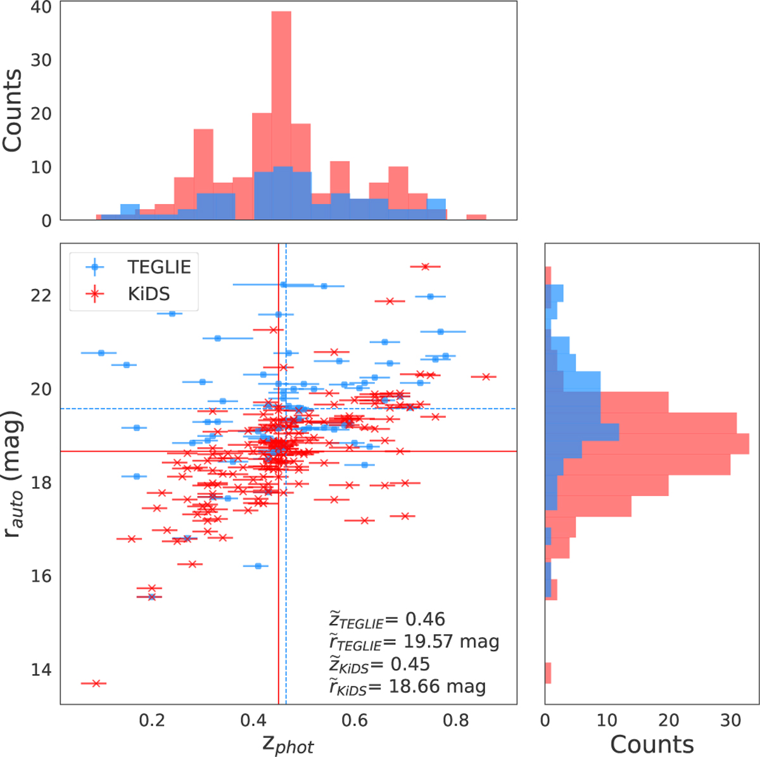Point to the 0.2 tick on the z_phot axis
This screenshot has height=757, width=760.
pos(152,720)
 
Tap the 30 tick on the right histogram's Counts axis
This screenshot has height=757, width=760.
pos(730,720)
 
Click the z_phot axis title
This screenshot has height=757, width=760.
pos(288,744)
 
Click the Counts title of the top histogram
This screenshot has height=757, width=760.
pos(13,111)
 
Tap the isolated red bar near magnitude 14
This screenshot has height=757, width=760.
pos(548,673)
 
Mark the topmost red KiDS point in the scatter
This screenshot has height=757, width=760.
pos(425,267)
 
